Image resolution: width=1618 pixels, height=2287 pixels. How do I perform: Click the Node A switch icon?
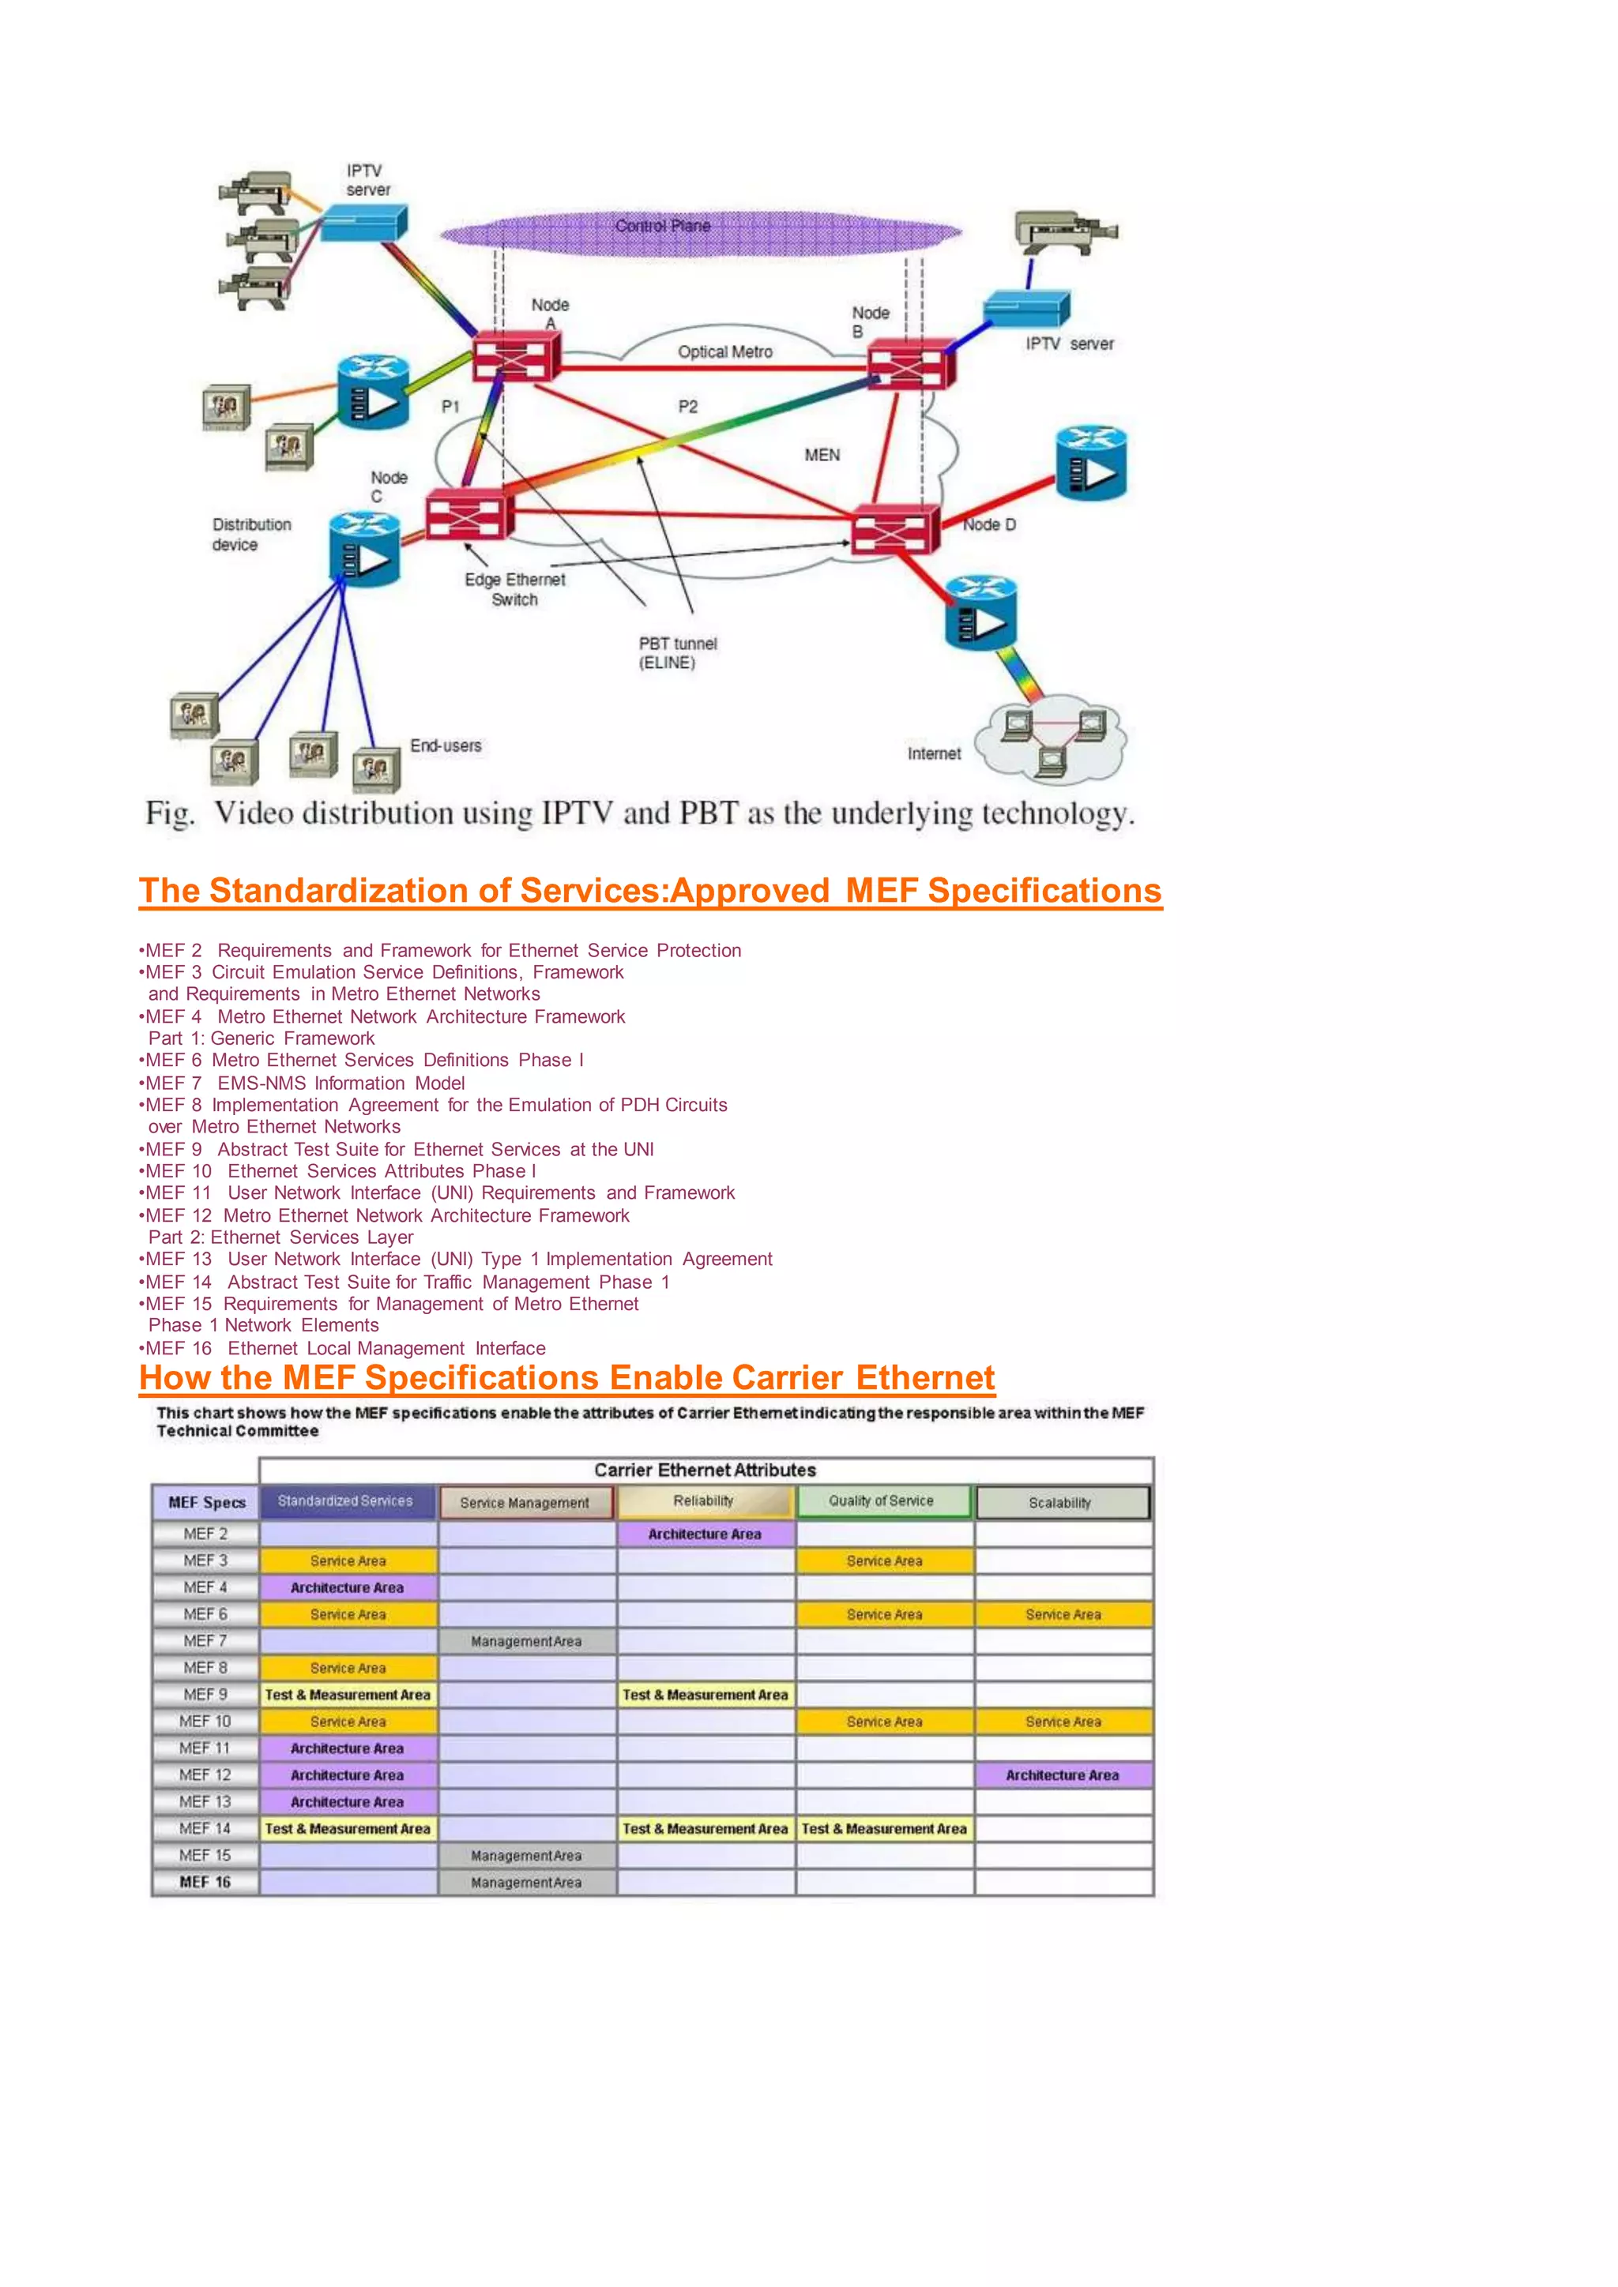pyautogui.click(x=516, y=355)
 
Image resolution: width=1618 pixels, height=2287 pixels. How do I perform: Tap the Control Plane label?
pyautogui.click(x=663, y=226)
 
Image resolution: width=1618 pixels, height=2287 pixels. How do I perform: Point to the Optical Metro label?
pyautogui.click(x=724, y=351)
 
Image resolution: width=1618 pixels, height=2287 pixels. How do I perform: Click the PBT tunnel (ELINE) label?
pyautogui.click(x=678, y=652)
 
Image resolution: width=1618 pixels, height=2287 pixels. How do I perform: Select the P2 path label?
pyautogui.click(x=687, y=407)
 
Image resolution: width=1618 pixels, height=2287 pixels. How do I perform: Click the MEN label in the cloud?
pyautogui.click(x=822, y=455)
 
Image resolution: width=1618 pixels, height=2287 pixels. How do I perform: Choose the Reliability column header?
pyautogui.click(x=705, y=1501)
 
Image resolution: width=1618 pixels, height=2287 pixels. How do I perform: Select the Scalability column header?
pyautogui.click(x=1061, y=1502)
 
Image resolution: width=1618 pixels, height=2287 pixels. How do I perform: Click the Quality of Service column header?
pyautogui.click(x=882, y=1501)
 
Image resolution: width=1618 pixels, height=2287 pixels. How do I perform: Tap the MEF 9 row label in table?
pyautogui.click(x=205, y=1695)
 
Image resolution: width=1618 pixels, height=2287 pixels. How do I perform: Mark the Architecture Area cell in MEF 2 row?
pyautogui.click(x=705, y=1534)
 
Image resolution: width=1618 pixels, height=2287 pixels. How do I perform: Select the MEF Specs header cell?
pyautogui.click(x=206, y=1502)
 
